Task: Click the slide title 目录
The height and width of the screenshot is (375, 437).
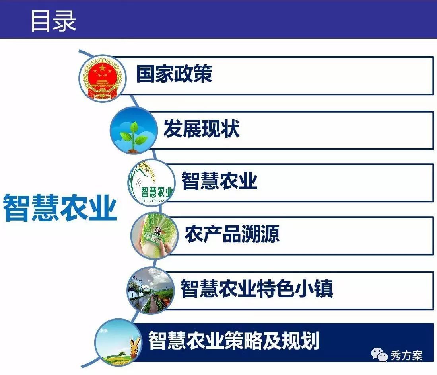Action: [x=53, y=21]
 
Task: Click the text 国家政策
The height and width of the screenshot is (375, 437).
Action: [x=174, y=74]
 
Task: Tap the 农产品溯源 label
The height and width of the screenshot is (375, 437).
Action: [x=232, y=234]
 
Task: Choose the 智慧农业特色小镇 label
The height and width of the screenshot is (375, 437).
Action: [x=256, y=288]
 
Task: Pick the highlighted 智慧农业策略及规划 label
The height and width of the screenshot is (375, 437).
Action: [x=233, y=340]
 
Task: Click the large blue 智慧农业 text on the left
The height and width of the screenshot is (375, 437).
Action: [x=60, y=208]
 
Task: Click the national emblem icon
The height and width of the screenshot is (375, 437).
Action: [x=103, y=78]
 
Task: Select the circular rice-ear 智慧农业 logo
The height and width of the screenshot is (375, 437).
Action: [x=151, y=183]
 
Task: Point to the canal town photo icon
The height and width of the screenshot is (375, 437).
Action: [x=150, y=291]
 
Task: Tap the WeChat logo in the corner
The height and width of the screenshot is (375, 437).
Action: [x=379, y=355]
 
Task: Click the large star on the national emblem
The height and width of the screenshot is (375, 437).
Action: [x=103, y=68]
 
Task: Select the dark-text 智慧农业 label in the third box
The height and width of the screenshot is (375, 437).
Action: [x=219, y=180]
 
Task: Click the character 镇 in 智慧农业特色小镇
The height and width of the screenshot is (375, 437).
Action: [x=323, y=288]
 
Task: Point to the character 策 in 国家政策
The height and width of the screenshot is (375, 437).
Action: [x=203, y=74]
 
